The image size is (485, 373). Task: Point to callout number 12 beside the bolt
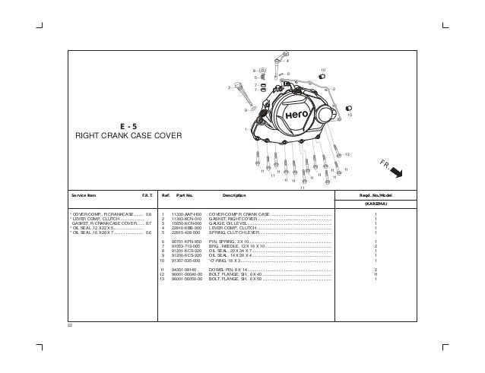tap(347, 154)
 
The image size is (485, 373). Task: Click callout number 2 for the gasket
tap(334, 90)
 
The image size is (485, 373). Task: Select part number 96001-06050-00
tap(186, 279)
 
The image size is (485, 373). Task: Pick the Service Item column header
tap(84, 196)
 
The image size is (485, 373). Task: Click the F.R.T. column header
tap(147, 196)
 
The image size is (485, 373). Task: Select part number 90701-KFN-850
tap(185, 242)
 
